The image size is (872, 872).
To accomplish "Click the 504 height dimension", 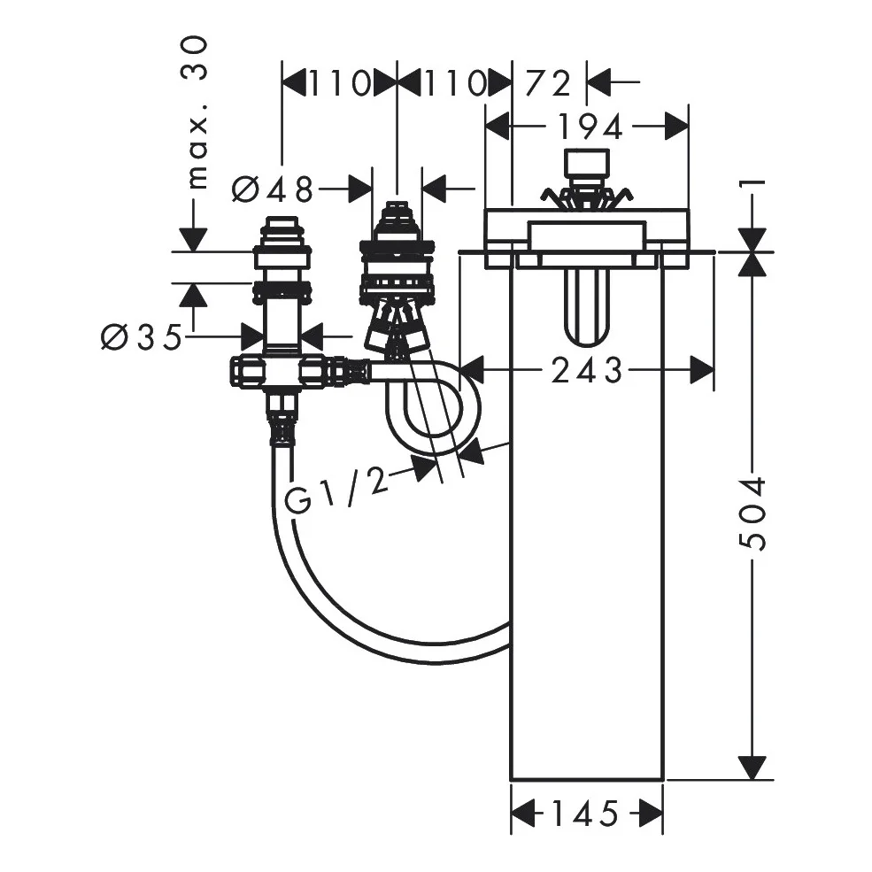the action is [x=754, y=513].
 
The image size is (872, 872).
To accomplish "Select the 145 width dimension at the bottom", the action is [x=584, y=814].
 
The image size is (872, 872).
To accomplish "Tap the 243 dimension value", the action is [x=587, y=370].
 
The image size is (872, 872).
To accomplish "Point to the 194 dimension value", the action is [x=589, y=127].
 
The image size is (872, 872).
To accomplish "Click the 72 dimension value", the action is [x=548, y=83].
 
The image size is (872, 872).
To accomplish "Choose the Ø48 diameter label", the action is [x=273, y=189].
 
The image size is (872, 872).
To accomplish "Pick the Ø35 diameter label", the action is [x=142, y=336].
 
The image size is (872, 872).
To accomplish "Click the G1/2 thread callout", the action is [x=336, y=490].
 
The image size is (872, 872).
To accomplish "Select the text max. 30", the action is [x=198, y=113].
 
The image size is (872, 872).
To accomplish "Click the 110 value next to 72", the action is [x=455, y=83].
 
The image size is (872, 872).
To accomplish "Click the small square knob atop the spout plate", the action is [x=586, y=162].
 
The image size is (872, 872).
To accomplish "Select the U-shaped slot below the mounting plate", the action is [x=587, y=307].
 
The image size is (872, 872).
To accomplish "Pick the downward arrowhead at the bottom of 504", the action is [x=752, y=768].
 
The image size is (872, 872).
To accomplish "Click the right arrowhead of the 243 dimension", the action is [x=702, y=370].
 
